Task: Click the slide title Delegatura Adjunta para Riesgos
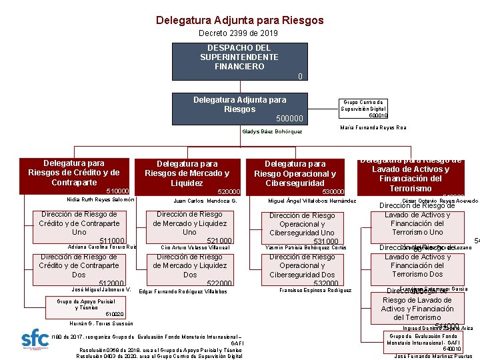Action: [239, 20]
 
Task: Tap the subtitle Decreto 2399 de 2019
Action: [239, 33]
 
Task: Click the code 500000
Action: [289, 119]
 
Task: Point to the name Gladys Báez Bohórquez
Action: [272, 131]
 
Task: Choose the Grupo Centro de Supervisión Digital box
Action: [363, 105]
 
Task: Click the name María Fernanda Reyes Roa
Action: [373, 127]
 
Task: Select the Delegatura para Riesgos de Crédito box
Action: [74, 175]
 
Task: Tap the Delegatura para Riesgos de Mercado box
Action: [187, 175]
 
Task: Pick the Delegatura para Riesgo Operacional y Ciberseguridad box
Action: [295, 175]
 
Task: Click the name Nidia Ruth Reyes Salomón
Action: [101, 199]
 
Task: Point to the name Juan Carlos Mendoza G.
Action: [205, 200]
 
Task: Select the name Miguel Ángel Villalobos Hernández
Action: [311, 200]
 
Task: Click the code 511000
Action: [111, 241]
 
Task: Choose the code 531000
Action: [327, 241]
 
